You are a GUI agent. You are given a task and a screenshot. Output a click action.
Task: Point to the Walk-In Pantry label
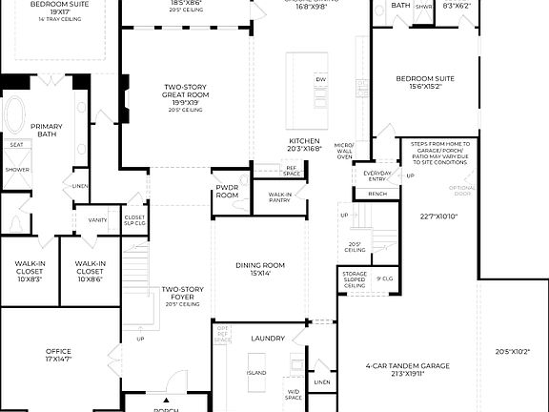tap(279, 196)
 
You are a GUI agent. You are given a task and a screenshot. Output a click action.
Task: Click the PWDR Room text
tap(227, 191)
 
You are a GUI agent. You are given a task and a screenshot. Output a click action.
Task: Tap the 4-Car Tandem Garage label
tap(407, 370)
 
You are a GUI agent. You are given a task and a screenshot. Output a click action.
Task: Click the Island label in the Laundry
tap(255, 373)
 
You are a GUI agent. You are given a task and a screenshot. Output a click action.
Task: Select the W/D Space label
tap(295, 393)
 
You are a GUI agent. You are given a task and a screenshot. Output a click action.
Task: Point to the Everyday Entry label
tap(377, 175)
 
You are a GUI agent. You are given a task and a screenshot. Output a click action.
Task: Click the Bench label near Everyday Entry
tap(377, 194)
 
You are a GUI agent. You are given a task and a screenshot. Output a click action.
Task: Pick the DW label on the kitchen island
tap(320, 79)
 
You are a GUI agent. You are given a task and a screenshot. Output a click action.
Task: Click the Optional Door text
tap(462, 190)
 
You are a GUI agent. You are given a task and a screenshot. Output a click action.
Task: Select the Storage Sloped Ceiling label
tap(355, 279)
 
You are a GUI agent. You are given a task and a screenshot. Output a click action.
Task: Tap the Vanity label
tap(97, 220)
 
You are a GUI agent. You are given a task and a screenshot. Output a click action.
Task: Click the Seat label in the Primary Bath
tap(16, 146)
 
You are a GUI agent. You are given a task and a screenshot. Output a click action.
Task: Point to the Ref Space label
tap(291, 170)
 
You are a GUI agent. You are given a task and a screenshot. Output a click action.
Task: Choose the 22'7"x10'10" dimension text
tap(439, 216)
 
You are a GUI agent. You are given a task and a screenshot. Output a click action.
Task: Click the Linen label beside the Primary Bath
tap(80, 186)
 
